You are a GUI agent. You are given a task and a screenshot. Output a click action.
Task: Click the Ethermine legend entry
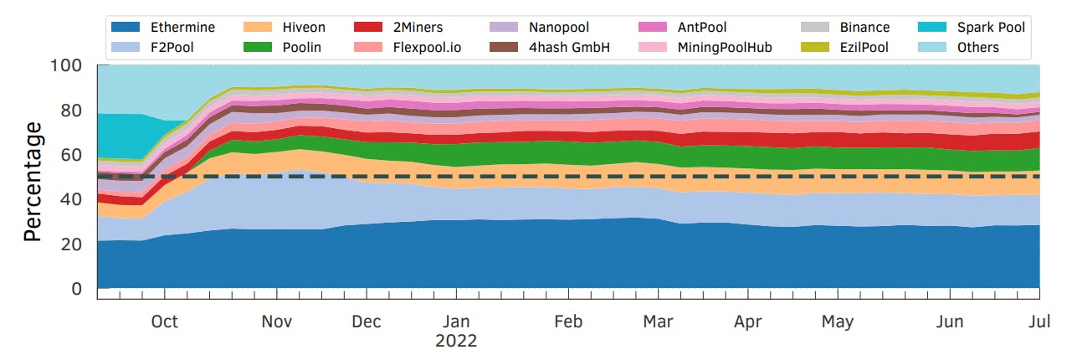pyautogui.click(x=182, y=28)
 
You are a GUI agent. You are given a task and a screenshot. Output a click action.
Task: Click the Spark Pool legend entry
pyautogui.click(x=990, y=28)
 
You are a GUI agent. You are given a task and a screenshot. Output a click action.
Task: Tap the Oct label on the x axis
pyautogui.click(x=165, y=321)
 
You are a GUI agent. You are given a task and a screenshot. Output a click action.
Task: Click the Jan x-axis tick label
pyautogui.click(x=456, y=321)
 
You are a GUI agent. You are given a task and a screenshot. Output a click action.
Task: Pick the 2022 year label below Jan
pyautogui.click(x=456, y=342)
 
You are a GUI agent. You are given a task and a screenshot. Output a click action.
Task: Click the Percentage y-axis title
pyautogui.click(x=33, y=181)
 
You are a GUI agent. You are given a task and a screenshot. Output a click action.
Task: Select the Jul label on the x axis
pyautogui.click(x=1039, y=321)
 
